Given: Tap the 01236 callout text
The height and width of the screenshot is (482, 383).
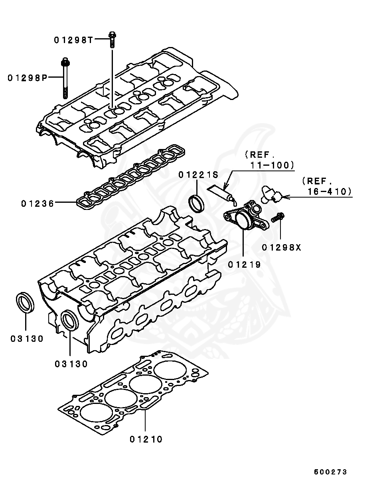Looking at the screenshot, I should coord(38,204).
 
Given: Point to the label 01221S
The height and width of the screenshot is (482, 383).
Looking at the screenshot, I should coord(198,174).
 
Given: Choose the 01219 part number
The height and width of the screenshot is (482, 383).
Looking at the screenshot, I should coord(245,264).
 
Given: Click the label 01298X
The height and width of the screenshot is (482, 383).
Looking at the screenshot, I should coord(281,248).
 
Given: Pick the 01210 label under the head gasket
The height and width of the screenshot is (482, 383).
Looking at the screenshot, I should coord(146,439).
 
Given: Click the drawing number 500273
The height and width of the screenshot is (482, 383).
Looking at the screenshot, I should coord(330,472).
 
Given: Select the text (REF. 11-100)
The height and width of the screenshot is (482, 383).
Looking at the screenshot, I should coord(269,159).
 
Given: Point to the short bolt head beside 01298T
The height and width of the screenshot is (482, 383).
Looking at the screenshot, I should coord(112,37).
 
